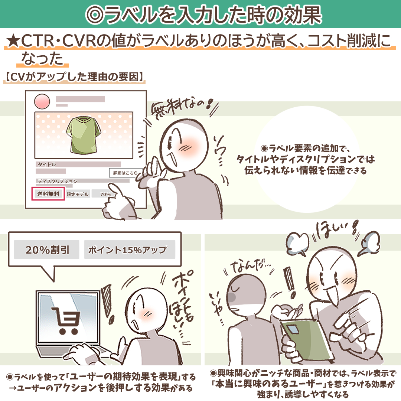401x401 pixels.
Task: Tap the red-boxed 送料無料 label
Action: click(48, 193)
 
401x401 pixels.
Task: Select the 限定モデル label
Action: click(78, 194)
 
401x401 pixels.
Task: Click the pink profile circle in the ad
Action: click(42, 101)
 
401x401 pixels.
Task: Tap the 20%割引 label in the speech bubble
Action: click(46, 250)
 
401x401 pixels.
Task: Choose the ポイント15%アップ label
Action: click(130, 250)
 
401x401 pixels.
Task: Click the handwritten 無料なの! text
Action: click(183, 109)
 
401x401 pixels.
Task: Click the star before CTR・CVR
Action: click(13, 41)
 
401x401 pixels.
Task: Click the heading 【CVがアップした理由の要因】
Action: click(74, 77)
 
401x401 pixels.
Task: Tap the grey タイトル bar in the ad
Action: click(78, 164)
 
